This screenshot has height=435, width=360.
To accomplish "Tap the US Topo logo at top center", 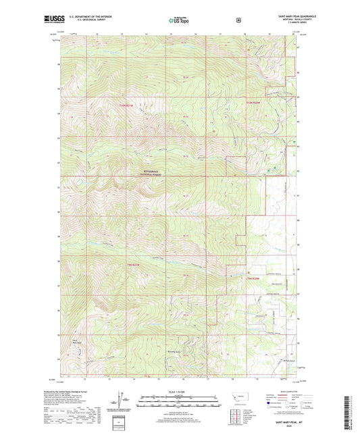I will click(x=178, y=21).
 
